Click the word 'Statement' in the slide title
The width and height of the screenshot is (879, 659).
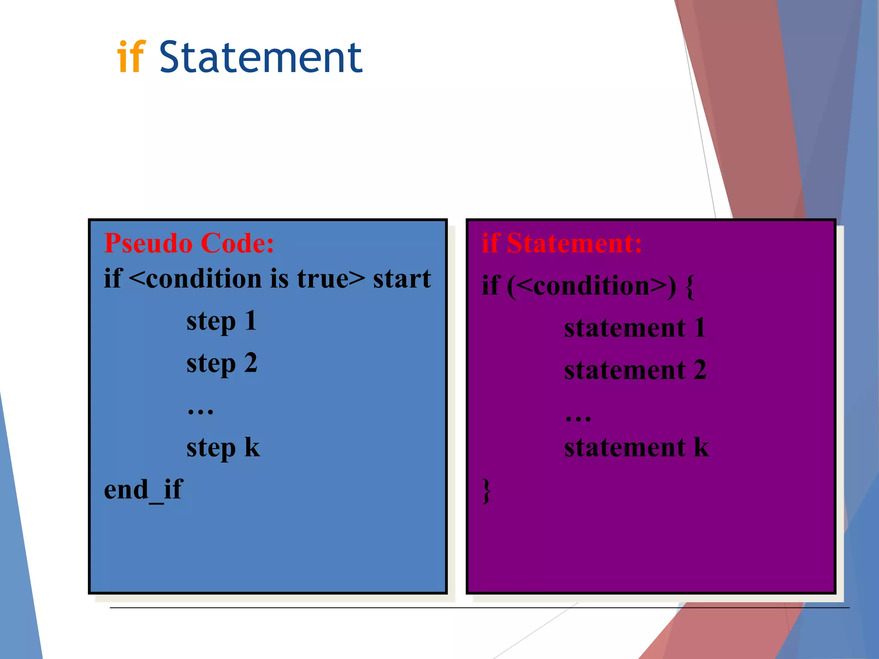[x=261, y=57]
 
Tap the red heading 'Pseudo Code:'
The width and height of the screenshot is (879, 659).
[x=189, y=243]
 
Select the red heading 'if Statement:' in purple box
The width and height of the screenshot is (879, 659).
[x=562, y=243]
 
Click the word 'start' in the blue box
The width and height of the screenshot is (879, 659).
[x=402, y=279]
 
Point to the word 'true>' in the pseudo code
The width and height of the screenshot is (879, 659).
[x=331, y=279]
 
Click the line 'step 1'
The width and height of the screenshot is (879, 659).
[x=221, y=321]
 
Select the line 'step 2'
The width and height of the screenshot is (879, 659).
[x=221, y=363]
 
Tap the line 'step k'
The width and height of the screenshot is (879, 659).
[x=223, y=448]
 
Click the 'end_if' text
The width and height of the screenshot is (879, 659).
[x=143, y=490]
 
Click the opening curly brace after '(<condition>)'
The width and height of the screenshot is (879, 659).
[x=690, y=287]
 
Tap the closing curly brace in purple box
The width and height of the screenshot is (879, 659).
[x=486, y=490]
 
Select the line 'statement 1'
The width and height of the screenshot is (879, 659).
[x=635, y=328]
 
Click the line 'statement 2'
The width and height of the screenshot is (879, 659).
[x=635, y=370]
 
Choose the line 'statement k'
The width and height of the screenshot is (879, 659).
[x=636, y=448]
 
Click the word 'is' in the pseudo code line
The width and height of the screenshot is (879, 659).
[x=279, y=279]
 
